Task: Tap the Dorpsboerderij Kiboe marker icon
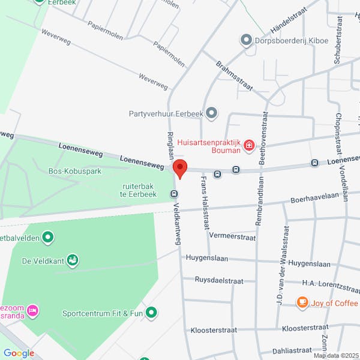pyautogui.click(x=245, y=40)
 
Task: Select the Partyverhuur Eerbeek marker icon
pyautogui.click(x=211, y=113)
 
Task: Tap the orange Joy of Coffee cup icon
pyautogui.click(x=302, y=302)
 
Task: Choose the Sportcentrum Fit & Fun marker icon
pyautogui.click(x=152, y=313)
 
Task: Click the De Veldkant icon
pyautogui.click(x=73, y=260)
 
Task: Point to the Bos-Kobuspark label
pyautogui.click(x=75, y=170)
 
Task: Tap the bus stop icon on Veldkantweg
pyautogui.click(x=174, y=194)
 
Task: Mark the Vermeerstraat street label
pyautogui.click(x=233, y=236)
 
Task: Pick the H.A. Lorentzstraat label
pyautogui.click(x=329, y=282)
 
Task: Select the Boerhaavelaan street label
pyautogui.click(x=318, y=199)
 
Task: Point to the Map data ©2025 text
pyautogui.click(x=335, y=355)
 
